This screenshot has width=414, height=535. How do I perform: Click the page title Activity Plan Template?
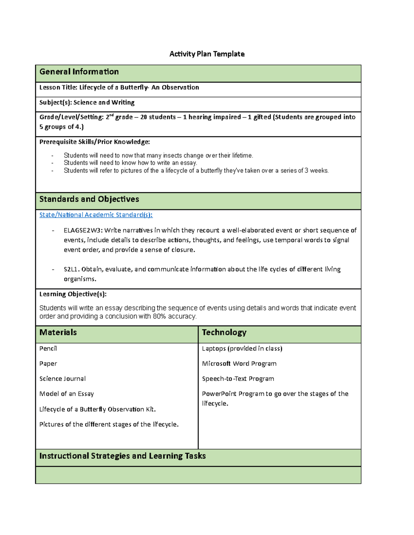click(207, 54)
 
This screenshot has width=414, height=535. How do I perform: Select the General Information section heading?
click(79, 72)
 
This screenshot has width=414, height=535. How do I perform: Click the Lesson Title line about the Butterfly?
click(119, 88)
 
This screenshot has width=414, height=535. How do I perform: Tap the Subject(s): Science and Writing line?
click(87, 102)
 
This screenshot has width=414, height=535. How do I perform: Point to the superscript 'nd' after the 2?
click(111, 115)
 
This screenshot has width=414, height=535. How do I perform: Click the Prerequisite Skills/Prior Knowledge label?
click(95, 142)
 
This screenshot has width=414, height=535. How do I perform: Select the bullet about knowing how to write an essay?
click(130, 163)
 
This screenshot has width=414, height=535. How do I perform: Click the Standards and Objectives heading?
click(89, 199)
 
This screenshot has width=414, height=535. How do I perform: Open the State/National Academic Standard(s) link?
click(96, 215)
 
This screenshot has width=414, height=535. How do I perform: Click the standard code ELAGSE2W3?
click(83, 230)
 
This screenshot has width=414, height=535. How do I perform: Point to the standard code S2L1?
click(71, 269)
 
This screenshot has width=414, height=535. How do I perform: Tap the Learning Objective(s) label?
click(73, 294)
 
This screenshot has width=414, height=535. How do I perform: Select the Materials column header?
click(58, 332)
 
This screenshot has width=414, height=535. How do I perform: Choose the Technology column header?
click(224, 332)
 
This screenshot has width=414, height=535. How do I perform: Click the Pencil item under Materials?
click(48, 349)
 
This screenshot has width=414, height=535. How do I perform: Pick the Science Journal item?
click(62, 379)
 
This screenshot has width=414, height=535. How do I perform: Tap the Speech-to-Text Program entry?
click(238, 379)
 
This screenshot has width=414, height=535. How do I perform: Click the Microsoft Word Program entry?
click(239, 364)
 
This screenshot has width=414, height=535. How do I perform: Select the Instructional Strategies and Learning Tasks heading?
click(122, 456)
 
